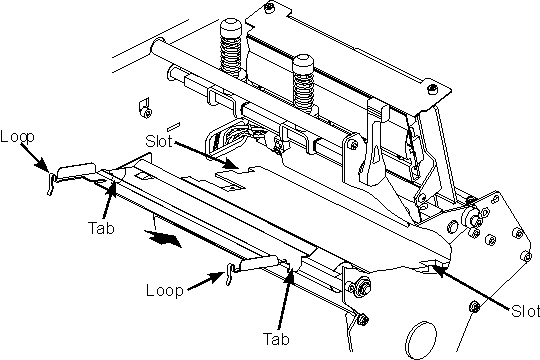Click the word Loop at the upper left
coord(17,137)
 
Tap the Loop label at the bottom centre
coord(164,290)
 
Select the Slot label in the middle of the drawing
coord(158,141)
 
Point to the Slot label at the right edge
coord(525,311)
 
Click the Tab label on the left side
coord(101,228)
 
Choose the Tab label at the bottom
coord(276,339)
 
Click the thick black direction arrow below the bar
coord(163,238)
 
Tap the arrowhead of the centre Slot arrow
coord(230,164)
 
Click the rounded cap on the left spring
coord(231,28)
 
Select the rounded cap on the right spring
coord(303,63)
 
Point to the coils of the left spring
coord(231,56)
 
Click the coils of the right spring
coord(303,91)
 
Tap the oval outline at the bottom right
coord(421,340)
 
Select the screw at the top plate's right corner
coord(432,89)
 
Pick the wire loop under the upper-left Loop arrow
coord(51,183)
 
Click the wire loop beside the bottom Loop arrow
coord(230,274)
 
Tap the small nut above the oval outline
coord(475,307)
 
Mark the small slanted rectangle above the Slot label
coord(174,126)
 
